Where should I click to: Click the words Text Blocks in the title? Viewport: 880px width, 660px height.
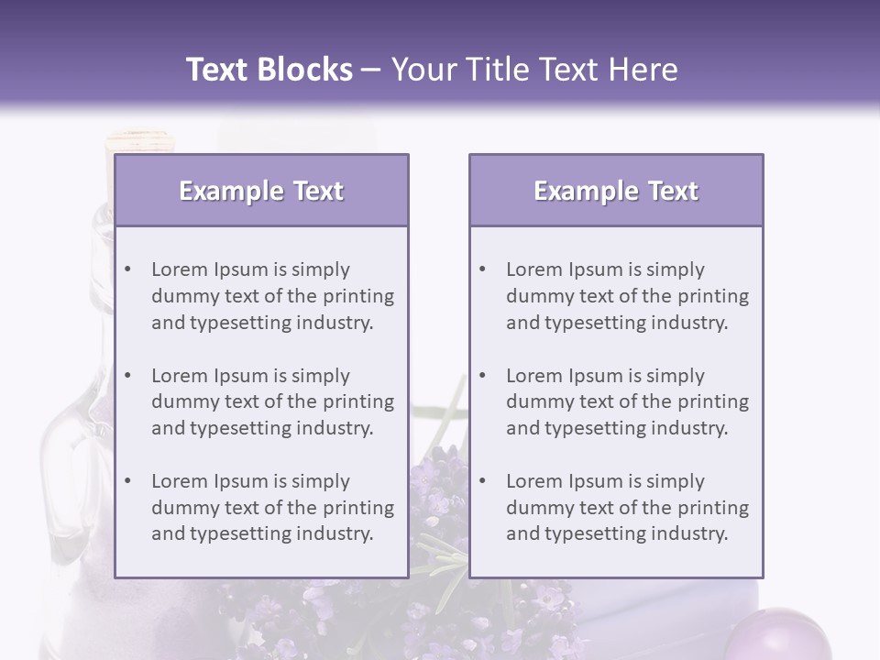269,70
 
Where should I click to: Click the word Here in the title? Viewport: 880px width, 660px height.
645,70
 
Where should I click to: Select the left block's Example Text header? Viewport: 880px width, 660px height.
261,191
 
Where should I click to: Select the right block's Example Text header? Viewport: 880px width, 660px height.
616,191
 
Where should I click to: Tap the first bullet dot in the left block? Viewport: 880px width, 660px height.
127,269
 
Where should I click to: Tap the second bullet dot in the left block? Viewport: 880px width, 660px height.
127,376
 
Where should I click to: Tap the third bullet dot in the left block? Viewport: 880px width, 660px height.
127,481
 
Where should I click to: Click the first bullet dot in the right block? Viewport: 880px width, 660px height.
482,269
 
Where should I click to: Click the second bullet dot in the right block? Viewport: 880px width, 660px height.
482,376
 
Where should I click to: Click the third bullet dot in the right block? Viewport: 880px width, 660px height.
482,481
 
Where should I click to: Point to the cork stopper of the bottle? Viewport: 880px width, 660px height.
138,142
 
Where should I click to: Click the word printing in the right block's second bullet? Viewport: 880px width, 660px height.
711,401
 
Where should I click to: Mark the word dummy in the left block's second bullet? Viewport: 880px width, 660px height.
179,401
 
